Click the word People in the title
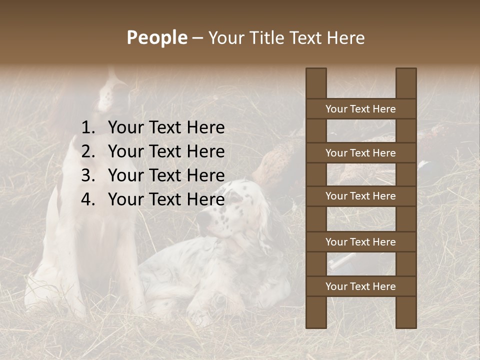point(156,37)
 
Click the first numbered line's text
point(166,128)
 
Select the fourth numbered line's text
point(166,200)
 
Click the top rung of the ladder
point(360,109)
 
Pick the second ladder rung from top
point(360,153)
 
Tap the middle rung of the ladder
point(360,196)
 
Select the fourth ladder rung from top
point(360,242)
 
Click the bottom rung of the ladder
point(360,286)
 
